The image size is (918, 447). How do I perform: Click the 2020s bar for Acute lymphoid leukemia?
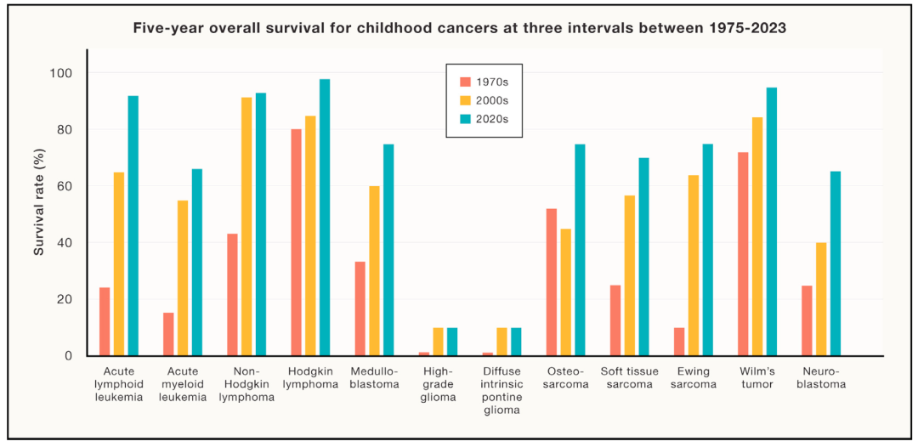tap(133, 226)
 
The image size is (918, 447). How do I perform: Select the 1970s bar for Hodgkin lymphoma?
tap(297, 242)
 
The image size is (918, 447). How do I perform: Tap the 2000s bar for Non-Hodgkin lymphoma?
tap(246, 226)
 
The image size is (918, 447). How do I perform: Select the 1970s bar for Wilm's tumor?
tap(743, 254)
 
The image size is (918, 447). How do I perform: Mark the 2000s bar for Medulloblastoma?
tap(374, 271)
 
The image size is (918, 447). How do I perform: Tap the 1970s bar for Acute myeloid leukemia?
tap(168, 334)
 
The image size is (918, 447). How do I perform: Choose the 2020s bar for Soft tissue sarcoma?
tap(643, 257)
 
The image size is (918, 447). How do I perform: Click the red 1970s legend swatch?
tap(466, 82)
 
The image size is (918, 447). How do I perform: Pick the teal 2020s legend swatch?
tap(466, 119)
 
